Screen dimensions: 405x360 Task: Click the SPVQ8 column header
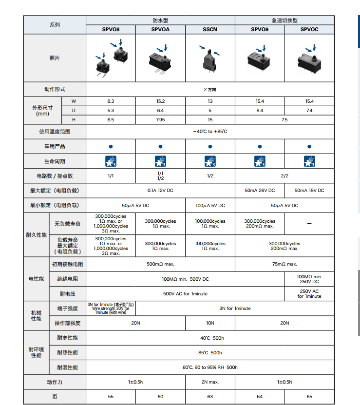pyautogui.click(x=111, y=29)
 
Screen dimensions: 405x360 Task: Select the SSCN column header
pyautogui.click(x=210, y=29)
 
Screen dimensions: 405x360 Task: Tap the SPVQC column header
pyautogui.click(x=309, y=29)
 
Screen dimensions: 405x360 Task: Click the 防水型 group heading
pyautogui.click(x=160, y=20)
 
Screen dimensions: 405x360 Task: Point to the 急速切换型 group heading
pyautogui.click(x=284, y=20)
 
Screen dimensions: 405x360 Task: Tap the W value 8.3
pyautogui.click(x=111, y=101)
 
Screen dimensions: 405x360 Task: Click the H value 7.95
pyautogui.click(x=160, y=119)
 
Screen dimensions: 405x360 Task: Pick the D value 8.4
pyautogui.click(x=260, y=110)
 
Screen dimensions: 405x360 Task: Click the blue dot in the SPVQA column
pyautogui.click(x=160, y=146)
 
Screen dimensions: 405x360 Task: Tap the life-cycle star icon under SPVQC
pyautogui.click(x=309, y=161)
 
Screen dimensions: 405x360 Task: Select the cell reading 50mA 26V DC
pyautogui.click(x=260, y=190)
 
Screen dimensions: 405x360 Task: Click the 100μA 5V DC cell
pyautogui.click(x=210, y=205)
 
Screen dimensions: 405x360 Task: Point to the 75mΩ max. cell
pyautogui.click(x=284, y=264)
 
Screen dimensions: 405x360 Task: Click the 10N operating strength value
pyautogui.click(x=210, y=323)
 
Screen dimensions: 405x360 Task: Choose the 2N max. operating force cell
pyautogui.click(x=210, y=382)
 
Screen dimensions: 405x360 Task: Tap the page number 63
pyautogui.click(x=210, y=396)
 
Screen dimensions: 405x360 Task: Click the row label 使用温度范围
pyautogui.click(x=55, y=132)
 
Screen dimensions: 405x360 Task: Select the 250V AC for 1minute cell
pyautogui.click(x=309, y=293)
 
